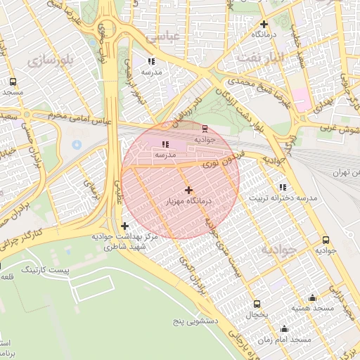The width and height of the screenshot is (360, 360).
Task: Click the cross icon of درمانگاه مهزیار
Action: point(188,190)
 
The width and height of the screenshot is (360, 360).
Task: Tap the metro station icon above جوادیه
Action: point(205,128)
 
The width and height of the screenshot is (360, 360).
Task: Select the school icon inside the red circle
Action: point(165,143)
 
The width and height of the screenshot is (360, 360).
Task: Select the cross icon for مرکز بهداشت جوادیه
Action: point(124,226)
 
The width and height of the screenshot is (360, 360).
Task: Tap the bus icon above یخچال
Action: point(257,304)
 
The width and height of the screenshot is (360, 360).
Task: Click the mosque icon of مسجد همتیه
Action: point(313,297)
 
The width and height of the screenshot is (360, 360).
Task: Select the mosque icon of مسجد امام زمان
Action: point(284,329)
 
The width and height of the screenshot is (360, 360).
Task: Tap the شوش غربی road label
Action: point(339,129)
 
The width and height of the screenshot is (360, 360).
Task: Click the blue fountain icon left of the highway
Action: point(77,144)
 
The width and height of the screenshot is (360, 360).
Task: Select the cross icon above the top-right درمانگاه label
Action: point(263,24)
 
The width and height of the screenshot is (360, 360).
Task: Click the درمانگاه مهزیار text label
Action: point(188,201)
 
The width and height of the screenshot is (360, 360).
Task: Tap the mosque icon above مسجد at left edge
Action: point(12,82)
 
